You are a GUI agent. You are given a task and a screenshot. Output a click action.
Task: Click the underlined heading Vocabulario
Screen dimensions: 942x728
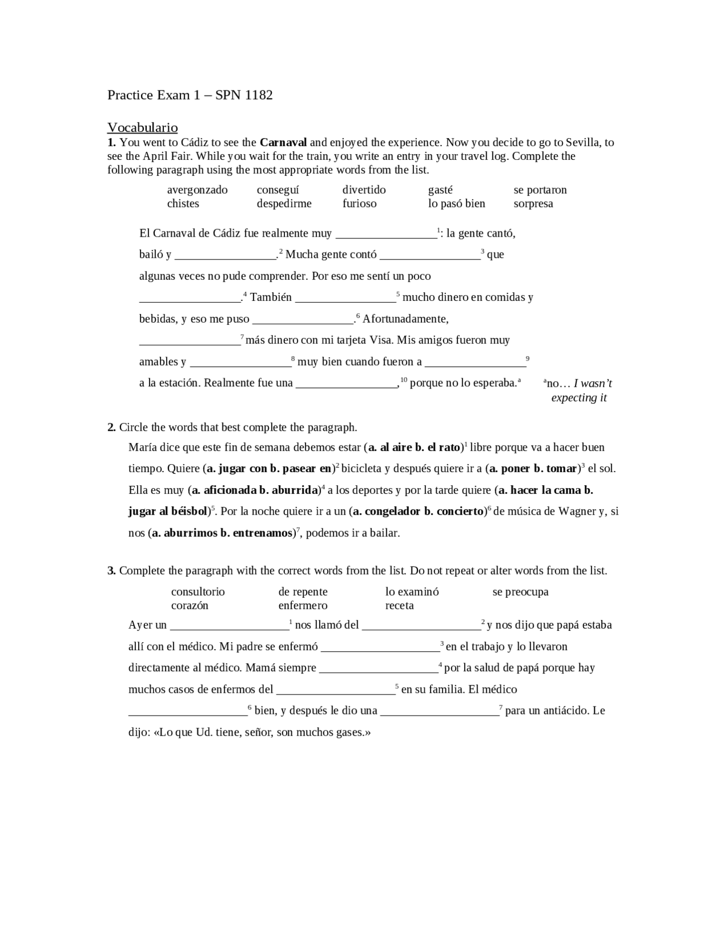point(142,127)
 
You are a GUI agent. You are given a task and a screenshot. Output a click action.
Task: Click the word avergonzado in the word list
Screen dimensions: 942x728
point(197,190)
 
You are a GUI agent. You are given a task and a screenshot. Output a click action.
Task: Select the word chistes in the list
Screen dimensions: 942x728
point(183,204)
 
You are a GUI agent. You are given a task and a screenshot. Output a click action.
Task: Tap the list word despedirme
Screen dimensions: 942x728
point(284,204)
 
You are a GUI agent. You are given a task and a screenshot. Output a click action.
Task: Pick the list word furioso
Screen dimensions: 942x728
point(359,204)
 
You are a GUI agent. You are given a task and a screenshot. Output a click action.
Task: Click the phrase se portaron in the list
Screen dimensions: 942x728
point(540,190)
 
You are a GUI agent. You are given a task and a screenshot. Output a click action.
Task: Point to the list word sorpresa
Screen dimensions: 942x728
point(533,204)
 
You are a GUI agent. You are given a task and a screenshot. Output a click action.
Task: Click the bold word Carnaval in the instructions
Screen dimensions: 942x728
point(283,142)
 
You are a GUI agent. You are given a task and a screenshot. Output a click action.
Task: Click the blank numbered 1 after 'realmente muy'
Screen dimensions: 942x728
point(386,234)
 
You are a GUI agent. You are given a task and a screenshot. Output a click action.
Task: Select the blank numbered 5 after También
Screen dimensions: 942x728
point(345,298)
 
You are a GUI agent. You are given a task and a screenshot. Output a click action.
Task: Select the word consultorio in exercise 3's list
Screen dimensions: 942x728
point(197,592)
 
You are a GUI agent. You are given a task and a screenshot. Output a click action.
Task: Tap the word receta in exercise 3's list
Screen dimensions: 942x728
point(399,605)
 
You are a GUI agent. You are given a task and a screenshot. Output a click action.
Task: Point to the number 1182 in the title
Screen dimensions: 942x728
point(259,95)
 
